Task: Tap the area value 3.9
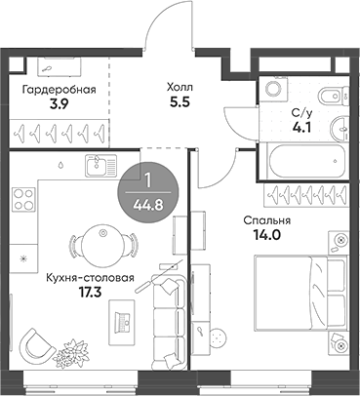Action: [60, 102]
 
